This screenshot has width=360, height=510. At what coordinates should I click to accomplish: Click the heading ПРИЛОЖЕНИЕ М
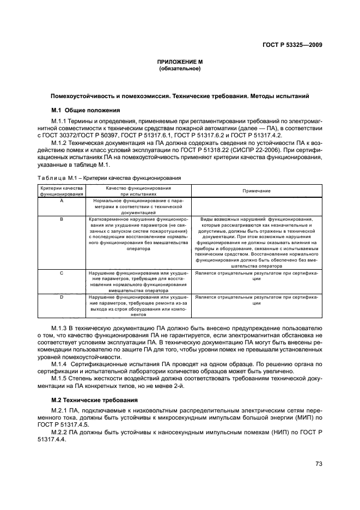(x=179, y=63)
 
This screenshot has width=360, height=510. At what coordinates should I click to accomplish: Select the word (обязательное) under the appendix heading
(x=179, y=69)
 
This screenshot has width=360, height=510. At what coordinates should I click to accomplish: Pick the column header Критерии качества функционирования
(x=61, y=191)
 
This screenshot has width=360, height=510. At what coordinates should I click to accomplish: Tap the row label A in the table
(x=61, y=201)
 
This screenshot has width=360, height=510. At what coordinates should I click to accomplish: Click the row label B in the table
(x=61, y=219)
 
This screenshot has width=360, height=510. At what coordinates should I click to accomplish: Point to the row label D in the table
(x=61, y=297)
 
